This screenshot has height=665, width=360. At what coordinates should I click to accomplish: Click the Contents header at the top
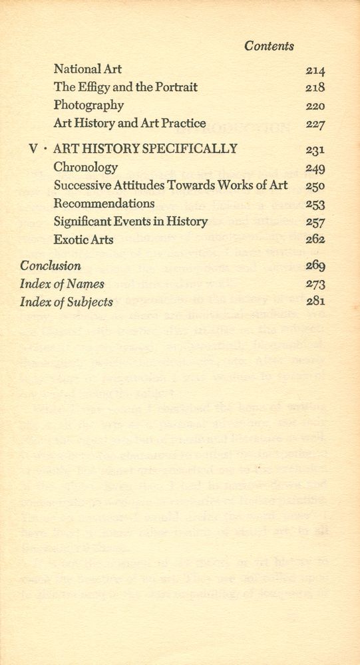pyautogui.click(x=269, y=46)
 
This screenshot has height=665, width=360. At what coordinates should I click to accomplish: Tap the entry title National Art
pyautogui.click(x=87, y=68)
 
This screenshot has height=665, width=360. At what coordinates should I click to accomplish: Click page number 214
pyautogui.click(x=315, y=70)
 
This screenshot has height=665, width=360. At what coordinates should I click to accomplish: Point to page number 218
pyautogui.click(x=315, y=88)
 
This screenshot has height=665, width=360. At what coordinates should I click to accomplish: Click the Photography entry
pyautogui.click(x=89, y=105)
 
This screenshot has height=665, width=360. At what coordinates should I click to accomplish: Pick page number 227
pyautogui.click(x=315, y=124)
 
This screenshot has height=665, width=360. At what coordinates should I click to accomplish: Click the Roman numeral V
pyautogui.click(x=33, y=149)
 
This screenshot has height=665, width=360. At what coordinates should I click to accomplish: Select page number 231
pyautogui.click(x=315, y=150)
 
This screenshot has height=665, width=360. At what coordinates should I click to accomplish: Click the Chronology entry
pyautogui.click(x=86, y=167)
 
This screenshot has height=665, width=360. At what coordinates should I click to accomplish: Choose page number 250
pyautogui.click(x=315, y=186)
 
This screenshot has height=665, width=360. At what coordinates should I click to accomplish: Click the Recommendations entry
pyautogui.click(x=104, y=203)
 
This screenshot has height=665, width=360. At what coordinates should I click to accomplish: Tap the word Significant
pyautogui.click(x=83, y=221)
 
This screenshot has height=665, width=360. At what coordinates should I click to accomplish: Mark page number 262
pyautogui.click(x=315, y=241)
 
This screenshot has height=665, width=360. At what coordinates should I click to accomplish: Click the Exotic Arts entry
pyautogui.click(x=83, y=239)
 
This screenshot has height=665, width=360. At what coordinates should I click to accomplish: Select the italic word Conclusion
pyautogui.click(x=51, y=265)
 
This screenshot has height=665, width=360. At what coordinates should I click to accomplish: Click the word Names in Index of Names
pyautogui.click(x=86, y=284)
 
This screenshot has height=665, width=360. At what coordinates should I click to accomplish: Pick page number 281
pyautogui.click(x=315, y=302)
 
